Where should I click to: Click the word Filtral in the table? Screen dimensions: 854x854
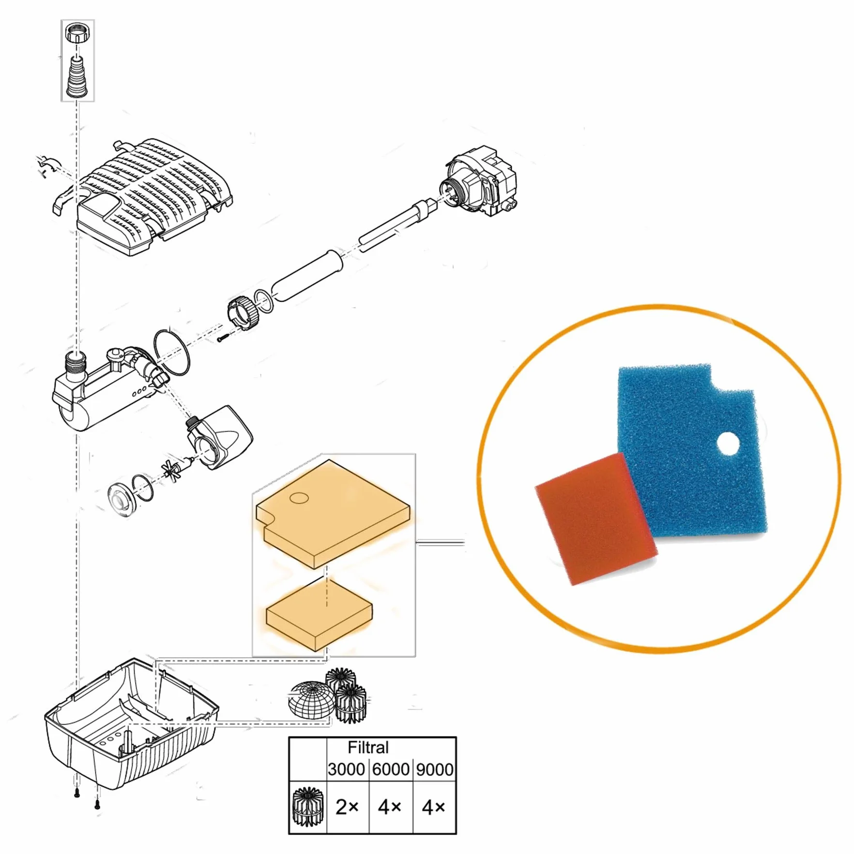pyautogui.click(x=368, y=747)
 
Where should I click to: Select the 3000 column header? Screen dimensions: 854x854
pyautogui.click(x=346, y=769)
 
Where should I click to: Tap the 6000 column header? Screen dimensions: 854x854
pyautogui.click(x=391, y=769)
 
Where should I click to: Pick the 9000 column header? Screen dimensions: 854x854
pyautogui.click(x=435, y=769)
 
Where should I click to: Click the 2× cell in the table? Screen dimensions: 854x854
pyautogui.click(x=347, y=807)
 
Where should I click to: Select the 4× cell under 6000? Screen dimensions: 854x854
pyautogui.click(x=390, y=807)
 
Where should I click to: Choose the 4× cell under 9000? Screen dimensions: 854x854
pyautogui.click(x=433, y=807)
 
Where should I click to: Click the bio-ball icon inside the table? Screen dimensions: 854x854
pyautogui.click(x=307, y=807)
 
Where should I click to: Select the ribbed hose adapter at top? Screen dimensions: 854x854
pyautogui.click(x=77, y=76)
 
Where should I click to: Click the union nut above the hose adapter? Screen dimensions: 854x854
pyautogui.click(x=78, y=33)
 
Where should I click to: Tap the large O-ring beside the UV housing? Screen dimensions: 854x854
pyautogui.click(x=171, y=352)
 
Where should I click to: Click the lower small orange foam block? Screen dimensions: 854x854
pyautogui.click(x=320, y=615)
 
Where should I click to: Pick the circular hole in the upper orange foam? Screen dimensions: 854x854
pyautogui.click(x=299, y=498)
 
